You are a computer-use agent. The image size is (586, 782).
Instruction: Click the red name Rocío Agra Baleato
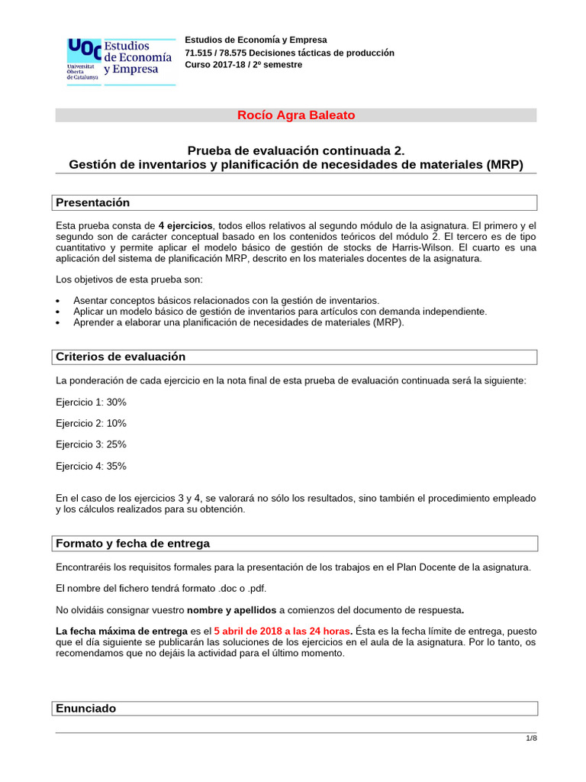296,115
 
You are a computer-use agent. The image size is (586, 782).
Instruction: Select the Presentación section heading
92,202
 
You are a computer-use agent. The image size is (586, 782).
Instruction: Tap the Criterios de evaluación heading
121,357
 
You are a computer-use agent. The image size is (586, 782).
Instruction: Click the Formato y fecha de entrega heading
133,543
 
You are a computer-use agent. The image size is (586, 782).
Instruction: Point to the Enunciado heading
86,708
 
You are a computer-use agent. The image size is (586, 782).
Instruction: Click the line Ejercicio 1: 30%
91,402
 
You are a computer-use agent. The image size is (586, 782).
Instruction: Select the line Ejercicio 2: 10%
91,423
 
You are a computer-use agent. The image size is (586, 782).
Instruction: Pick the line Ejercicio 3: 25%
91,444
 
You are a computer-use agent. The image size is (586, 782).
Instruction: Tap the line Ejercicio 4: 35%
91,466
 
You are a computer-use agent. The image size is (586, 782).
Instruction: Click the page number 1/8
531,738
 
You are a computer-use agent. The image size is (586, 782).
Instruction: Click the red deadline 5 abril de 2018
260,631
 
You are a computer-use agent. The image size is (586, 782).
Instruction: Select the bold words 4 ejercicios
185,225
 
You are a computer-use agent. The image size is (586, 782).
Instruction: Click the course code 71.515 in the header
200,53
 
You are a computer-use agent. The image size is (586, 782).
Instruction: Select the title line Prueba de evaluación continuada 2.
296,151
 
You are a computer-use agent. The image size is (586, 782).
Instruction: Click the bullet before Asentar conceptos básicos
60,301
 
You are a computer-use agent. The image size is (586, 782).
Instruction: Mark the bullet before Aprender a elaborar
60,323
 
